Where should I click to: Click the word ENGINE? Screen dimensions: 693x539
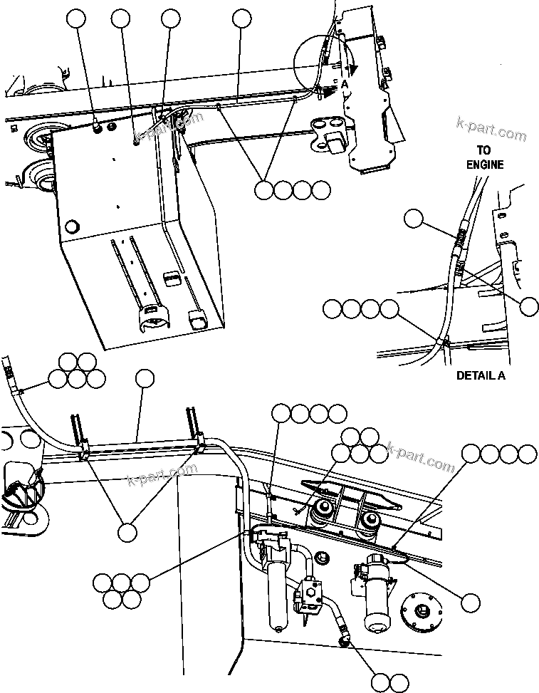485,165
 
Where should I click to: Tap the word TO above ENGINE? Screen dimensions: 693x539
484,151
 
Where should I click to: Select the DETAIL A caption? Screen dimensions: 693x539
481,375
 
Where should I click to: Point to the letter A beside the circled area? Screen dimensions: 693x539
345,83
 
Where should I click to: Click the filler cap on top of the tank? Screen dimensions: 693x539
98,128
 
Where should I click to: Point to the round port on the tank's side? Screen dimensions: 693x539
70,228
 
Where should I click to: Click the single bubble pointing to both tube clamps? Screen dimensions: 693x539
127,531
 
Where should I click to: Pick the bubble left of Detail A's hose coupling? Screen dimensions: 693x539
414,219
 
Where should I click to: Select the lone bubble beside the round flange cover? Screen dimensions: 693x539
469,603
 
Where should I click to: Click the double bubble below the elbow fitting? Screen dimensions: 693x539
390,682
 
